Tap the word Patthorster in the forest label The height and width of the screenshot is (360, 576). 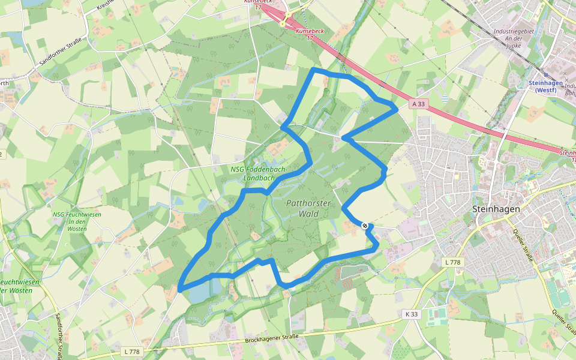[308, 203]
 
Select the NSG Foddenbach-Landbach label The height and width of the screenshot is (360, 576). [259, 173]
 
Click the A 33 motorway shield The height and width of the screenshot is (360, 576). [419, 104]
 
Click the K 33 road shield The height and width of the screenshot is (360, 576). [411, 314]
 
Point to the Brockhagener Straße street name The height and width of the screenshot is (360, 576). [271, 339]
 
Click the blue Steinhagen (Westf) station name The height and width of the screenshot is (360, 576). [542, 86]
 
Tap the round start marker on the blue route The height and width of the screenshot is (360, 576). [365, 225]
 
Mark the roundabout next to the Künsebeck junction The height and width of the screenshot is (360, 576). [288, 14]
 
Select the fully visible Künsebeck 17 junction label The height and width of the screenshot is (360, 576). [310, 34]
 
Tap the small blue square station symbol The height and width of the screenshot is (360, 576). [546, 76]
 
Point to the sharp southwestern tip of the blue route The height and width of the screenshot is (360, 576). [180, 289]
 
